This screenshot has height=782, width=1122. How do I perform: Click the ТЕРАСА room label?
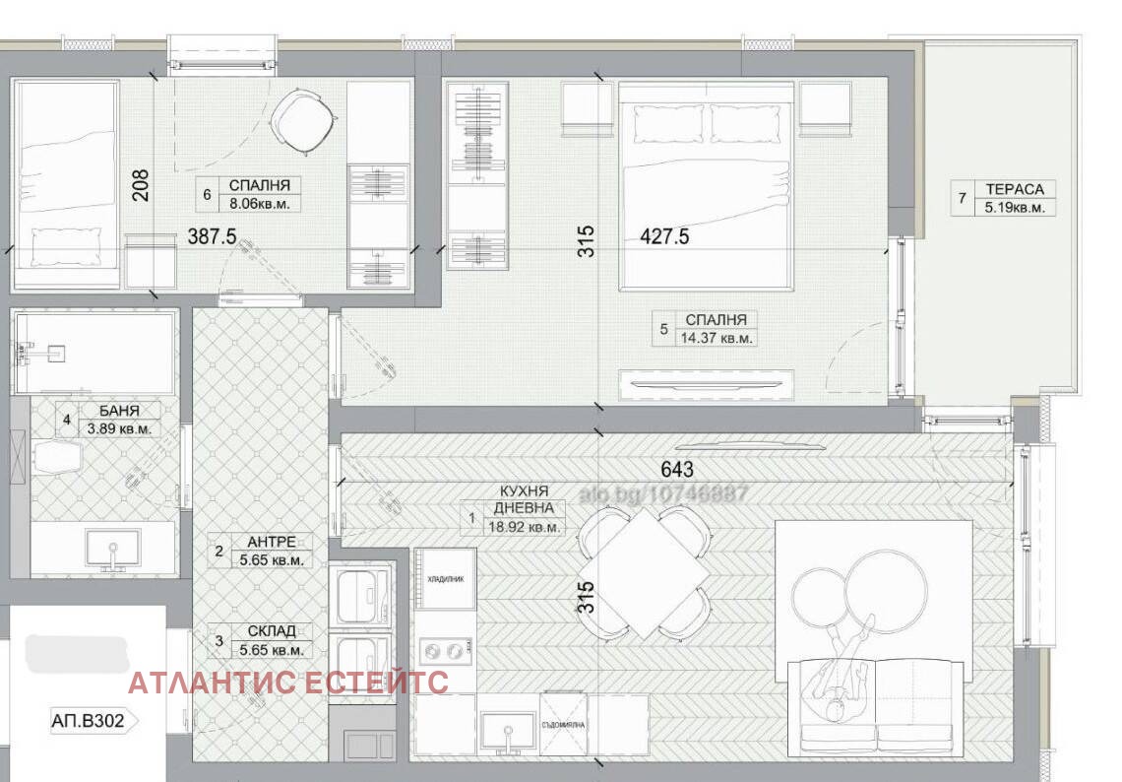(x=1015, y=189)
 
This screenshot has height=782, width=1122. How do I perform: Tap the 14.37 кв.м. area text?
(x=719, y=338)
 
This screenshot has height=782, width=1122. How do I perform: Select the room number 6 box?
(x=207, y=195)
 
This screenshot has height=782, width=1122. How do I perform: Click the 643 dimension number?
(x=677, y=469)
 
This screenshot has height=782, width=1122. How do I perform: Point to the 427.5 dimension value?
(x=663, y=236)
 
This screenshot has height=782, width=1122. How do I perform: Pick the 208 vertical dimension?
(x=141, y=185)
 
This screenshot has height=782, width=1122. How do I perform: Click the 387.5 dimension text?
(x=212, y=237)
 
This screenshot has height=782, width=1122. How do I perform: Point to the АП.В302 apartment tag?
(x=89, y=721)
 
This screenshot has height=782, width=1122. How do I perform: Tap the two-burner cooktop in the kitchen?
(x=446, y=651)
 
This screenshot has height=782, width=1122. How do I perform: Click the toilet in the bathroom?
(x=57, y=459)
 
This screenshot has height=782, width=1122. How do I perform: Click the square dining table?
(x=643, y=572)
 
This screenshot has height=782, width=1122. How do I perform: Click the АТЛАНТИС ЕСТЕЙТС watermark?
(x=288, y=682)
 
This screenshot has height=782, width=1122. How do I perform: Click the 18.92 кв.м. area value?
(x=526, y=527)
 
